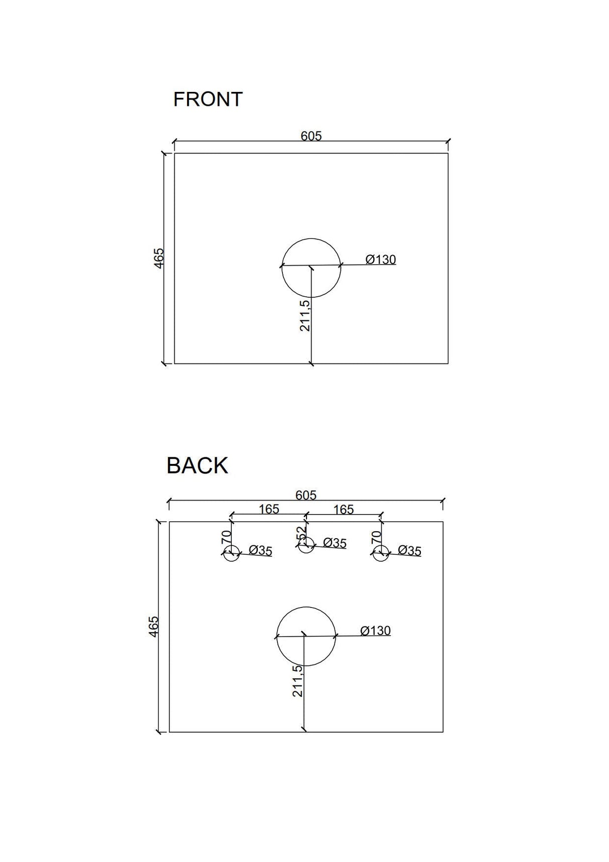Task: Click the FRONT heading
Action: (x=208, y=99)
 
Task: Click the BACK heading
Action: (x=197, y=465)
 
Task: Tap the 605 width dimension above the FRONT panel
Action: (x=311, y=136)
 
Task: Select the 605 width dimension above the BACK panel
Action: (x=306, y=495)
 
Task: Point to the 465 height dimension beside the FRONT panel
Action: (x=159, y=258)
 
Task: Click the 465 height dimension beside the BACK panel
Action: (x=154, y=627)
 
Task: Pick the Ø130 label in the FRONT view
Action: (x=381, y=260)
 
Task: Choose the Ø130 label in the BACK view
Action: (x=375, y=631)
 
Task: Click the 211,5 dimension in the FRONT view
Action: (x=305, y=315)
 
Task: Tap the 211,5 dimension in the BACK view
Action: (x=297, y=681)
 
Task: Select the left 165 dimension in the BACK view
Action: (x=269, y=509)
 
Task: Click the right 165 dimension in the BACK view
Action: (x=344, y=510)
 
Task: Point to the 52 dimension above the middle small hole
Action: (x=300, y=533)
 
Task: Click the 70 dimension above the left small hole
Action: (x=226, y=537)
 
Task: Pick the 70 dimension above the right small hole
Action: (x=376, y=537)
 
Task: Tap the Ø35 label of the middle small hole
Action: (x=335, y=543)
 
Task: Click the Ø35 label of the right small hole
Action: (x=409, y=551)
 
